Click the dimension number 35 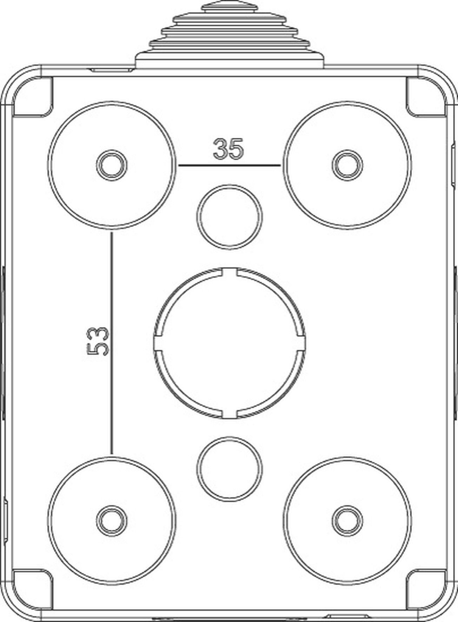click(x=228, y=149)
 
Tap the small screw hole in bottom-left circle click(x=112, y=521)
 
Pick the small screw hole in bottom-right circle click(x=347, y=521)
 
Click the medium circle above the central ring click(x=230, y=217)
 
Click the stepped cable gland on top click(x=230, y=39)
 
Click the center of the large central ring click(x=230, y=344)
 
